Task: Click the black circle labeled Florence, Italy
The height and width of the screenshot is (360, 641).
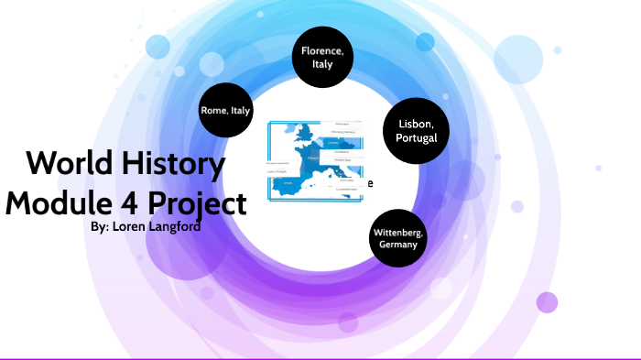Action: tap(322, 58)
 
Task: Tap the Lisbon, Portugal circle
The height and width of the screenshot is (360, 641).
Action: tap(417, 131)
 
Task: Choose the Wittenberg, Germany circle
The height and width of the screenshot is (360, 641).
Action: tap(398, 239)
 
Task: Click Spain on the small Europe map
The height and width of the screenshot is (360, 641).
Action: tap(289, 184)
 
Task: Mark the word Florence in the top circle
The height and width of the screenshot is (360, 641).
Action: tap(322, 50)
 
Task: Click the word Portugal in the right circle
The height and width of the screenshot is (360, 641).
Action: tap(417, 138)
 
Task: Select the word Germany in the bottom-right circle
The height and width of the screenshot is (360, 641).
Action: tap(398, 245)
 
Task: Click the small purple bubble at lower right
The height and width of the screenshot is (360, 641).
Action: tap(547, 302)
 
